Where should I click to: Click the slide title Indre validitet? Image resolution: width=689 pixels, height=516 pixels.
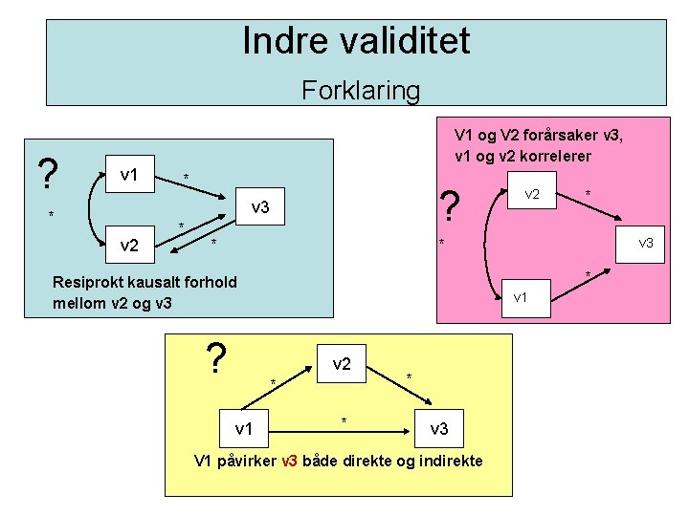click(356, 41)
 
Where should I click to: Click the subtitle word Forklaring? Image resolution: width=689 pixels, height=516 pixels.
click(361, 91)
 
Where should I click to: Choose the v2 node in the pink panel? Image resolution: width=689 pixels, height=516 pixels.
click(532, 194)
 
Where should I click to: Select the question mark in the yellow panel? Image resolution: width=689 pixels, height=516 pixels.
click(217, 360)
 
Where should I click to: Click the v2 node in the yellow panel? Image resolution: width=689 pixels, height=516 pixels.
click(342, 364)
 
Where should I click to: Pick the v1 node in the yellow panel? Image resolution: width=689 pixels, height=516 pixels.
click(245, 428)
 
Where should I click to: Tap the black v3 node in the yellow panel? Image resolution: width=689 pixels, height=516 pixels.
click(439, 428)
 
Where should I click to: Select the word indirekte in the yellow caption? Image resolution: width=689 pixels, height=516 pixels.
click(451, 462)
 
